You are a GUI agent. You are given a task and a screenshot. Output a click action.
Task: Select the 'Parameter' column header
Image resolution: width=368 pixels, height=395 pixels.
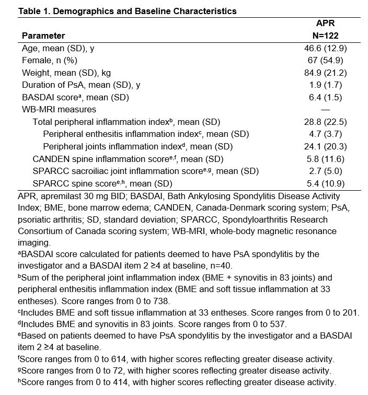(43, 36)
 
